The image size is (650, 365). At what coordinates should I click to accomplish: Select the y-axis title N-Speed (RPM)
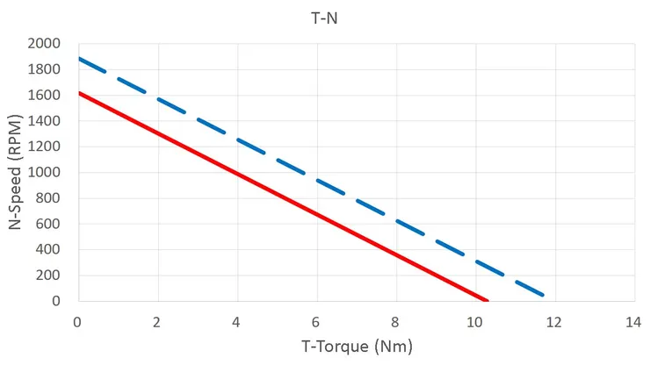[x=15, y=172]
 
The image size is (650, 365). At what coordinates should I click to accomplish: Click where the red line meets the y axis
[x=78, y=93]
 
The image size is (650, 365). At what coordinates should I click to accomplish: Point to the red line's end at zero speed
[x=487, y=301]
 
